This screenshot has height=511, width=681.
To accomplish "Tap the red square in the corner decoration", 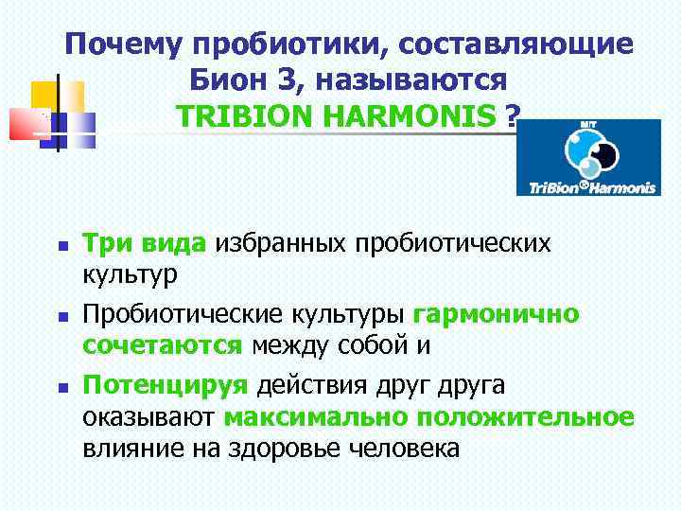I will (x=26, y=124).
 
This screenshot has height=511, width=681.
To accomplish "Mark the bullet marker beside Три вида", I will (x=60, y=245).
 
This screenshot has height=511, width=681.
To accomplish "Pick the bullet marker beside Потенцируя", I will (x=60, y=387).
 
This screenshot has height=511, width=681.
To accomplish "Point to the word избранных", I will (x=281, y=243).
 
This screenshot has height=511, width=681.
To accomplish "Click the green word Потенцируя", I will (x=166, y=385).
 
